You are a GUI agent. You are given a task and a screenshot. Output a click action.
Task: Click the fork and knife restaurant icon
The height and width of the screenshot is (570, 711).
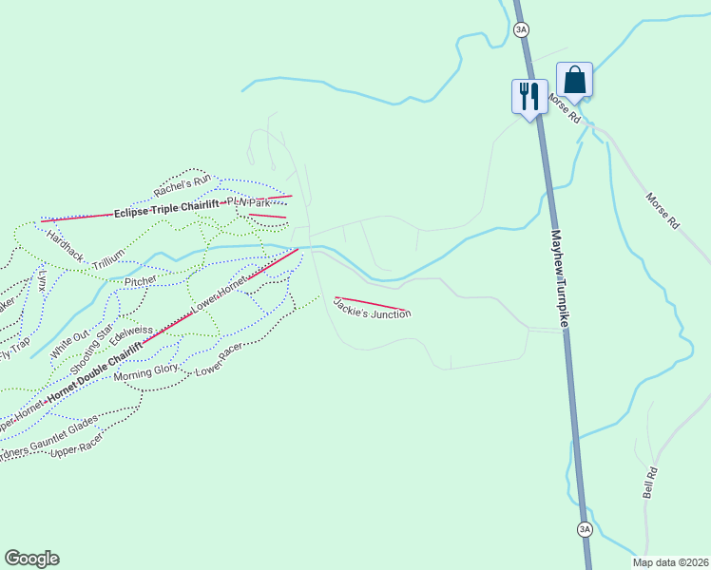[529, 96]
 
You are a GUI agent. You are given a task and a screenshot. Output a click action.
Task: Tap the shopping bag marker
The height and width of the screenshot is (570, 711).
[574, 79]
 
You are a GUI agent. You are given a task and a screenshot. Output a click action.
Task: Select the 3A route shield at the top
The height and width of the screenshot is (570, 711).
[521, 29]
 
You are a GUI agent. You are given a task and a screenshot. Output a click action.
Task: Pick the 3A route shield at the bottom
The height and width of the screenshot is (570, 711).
[584, 528]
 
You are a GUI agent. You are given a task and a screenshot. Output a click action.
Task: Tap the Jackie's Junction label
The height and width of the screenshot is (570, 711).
[373, 308]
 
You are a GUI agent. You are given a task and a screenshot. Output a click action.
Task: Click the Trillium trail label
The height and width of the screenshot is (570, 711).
[108, 263]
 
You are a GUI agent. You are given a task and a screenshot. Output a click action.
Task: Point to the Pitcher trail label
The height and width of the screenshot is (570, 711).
[140, 281]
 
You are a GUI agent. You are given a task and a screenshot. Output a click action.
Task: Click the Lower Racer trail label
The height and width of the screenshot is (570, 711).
[219, 359]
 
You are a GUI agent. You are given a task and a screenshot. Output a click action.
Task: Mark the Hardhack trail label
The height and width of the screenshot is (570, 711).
[65, 245]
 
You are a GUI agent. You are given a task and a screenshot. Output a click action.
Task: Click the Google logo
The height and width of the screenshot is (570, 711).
[31, 559]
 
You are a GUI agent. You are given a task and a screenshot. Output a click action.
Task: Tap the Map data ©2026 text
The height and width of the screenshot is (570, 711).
[670, 562]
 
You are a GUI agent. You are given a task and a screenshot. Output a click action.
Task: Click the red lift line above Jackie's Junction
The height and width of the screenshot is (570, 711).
[373, 303]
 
